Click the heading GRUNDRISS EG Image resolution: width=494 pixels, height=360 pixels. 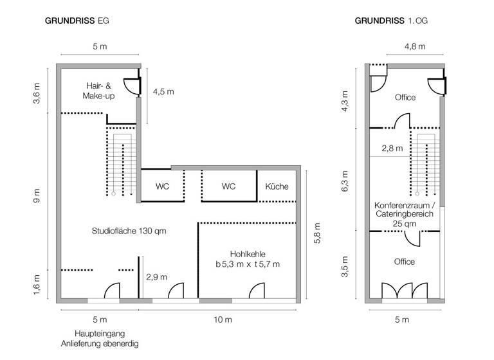[x=77, y=21]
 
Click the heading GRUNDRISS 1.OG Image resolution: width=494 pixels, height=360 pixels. [x=391, y=21]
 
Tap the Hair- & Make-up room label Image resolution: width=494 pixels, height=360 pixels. [x=98, y=91]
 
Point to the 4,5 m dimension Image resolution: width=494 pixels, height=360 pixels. [x=163, y=91]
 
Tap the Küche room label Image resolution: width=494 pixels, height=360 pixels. [x=277, y=187]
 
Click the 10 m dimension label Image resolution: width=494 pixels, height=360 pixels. [x=219, y=319]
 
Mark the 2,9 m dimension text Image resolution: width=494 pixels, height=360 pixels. [x=156, y=277]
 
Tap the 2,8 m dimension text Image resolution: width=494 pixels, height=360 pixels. [x=392, y=148]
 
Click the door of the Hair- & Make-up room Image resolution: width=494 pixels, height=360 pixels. [x=130, y=84]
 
